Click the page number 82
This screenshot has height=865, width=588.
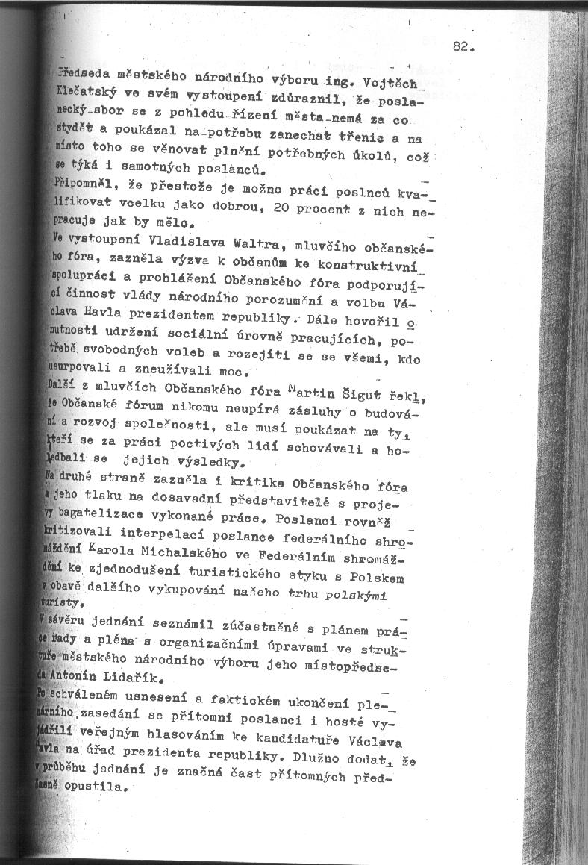point(463,46)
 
